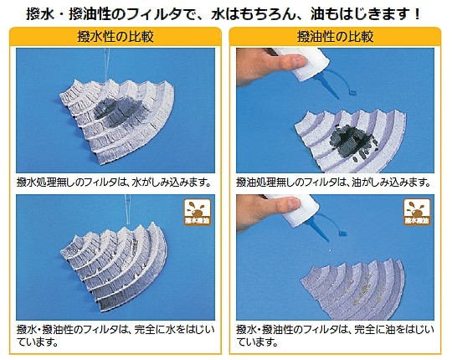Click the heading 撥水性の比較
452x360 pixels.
pyautogui.click(x=116, y=37)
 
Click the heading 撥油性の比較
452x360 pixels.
pyautogui.click(x=336, y=37)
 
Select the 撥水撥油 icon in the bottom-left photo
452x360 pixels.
pyautogui.click(x=198, y=212)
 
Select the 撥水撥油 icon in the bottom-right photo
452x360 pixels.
pyautogui.click(x=417, y=212)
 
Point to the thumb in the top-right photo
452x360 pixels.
pyautogui.click(x=291, y=62)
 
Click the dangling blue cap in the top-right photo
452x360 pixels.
pyautogui.click(x=352, y=92)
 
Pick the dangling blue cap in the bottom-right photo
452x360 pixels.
pyautogui.click(x=342, y=233)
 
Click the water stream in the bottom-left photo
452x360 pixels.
pyautogui.click(x=127, y=209)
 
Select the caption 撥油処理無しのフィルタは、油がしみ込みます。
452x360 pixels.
pyautogui.click(x=334, y=183)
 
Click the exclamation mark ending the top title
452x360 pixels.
pyautogui.click(x=417, y=14)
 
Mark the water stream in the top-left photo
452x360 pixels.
pyautogui.click(x=107, y=64)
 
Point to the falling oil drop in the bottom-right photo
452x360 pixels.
pyautogui.click(x=330, y=250)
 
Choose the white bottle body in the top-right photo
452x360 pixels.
pyautogui.click(x=306, y=64)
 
